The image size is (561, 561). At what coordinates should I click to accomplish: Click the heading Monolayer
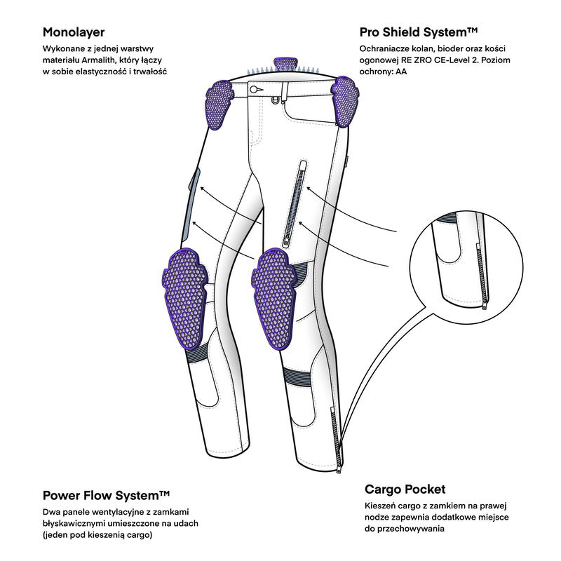(74, 32)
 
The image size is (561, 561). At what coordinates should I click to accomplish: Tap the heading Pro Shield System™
(419, 32)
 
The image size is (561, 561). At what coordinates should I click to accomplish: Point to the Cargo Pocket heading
(405, 489)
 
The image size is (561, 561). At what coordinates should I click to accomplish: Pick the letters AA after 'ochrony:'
(402, 72)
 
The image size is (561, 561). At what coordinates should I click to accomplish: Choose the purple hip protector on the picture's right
(344, 99)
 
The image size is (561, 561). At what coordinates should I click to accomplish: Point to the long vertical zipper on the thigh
(294, 203)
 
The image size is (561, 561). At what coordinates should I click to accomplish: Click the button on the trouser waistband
(257, 90)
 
